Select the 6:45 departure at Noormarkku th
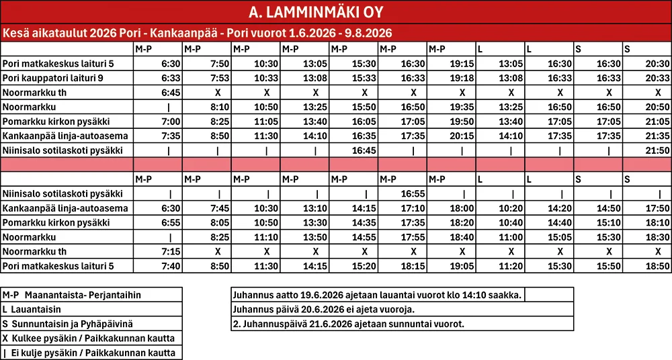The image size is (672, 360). (x=171, y=93)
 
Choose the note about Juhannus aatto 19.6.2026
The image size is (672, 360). (x=376, y=295)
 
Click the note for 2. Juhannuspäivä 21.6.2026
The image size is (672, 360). (x=348, y=324)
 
